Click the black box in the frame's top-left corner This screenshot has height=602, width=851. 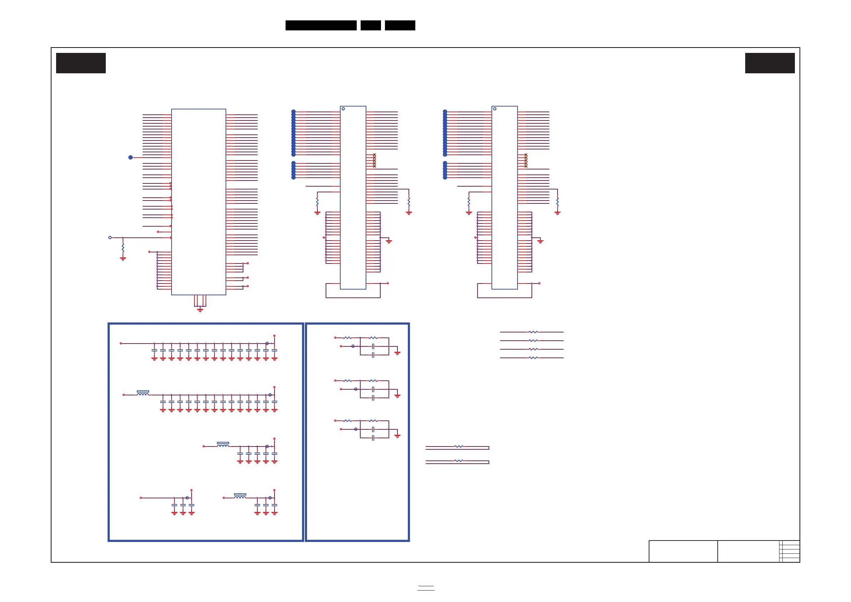(x=81, y=63)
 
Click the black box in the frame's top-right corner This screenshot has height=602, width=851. (x=770, y=63)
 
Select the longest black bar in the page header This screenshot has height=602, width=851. (x=321, y=25)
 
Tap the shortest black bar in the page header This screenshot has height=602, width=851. (x=371, y=25)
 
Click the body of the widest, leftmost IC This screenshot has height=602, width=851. (x=199, y=202)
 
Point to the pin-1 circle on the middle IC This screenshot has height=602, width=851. (x=343, y=109)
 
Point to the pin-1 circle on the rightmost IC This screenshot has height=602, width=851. (x=495, y=109)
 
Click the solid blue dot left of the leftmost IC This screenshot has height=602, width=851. (x=130, y=158)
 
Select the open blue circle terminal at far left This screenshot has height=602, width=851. (x=110, y=238)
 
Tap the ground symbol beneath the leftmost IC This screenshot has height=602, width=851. (x=200, y=310)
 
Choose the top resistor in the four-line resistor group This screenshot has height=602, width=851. (x=533, y=332)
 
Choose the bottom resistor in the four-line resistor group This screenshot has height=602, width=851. (x=533, y=358)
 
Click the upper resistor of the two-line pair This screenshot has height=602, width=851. (x=459, y=447)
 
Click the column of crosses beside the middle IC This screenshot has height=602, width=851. (x=374, y=161)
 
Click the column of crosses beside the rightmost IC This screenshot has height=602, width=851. (x=526, y=161)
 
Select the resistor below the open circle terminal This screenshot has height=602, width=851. (x=123, y=248)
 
